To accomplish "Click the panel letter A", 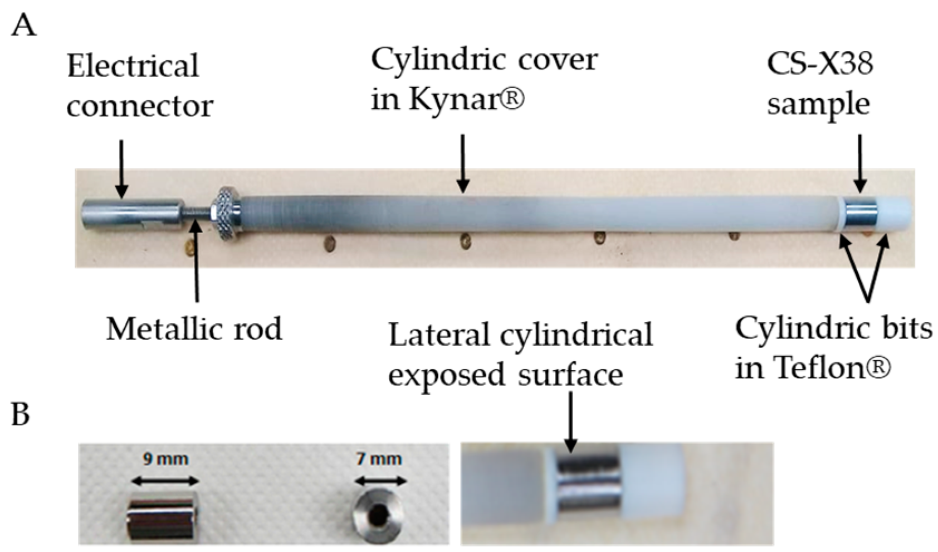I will click(23, 25).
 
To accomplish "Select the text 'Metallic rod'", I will click(194, 328).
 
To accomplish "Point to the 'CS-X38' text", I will click(820, 63).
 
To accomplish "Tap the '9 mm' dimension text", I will click(165, 459).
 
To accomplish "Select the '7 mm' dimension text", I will click(379, 459).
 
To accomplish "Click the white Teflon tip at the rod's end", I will click(894, 212).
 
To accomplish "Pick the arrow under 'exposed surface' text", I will click(570, 421).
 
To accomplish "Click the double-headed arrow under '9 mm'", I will click(165, 481).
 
